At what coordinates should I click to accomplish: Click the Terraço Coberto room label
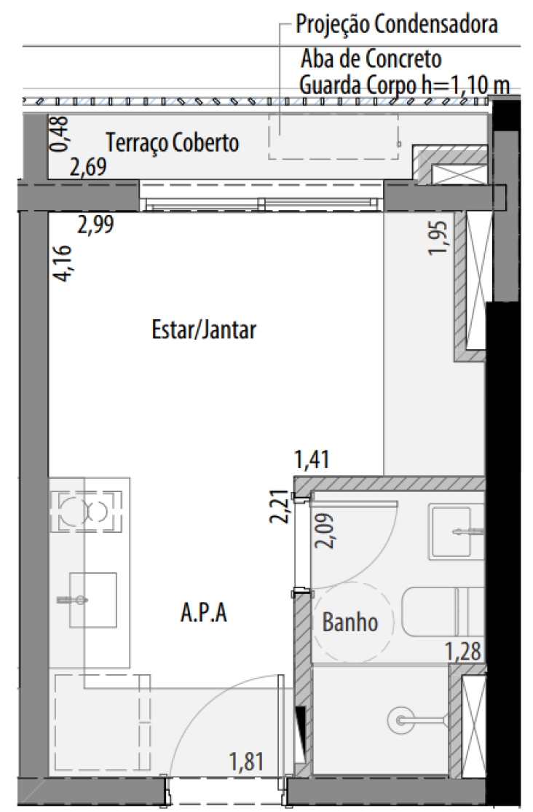[173, 142]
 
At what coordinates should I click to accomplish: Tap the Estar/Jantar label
[204, 330]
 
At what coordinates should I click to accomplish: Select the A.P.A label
[203, 612]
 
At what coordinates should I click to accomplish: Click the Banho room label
[350, 622]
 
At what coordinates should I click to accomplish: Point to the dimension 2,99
[95, 225]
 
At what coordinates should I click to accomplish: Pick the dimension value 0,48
[60, 133]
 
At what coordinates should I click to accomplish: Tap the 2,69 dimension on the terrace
[88, 167]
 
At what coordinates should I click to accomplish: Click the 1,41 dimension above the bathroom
[312, 459]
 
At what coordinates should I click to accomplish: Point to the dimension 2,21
[280, 507]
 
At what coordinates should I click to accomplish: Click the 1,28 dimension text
[464, 651]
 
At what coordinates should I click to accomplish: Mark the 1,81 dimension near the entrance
[247, 762]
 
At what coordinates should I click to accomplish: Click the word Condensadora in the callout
[436, 24]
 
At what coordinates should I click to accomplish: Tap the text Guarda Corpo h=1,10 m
[404, 85]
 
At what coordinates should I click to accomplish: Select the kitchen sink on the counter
[93, 600]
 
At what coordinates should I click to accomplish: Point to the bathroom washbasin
[450, 531]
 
